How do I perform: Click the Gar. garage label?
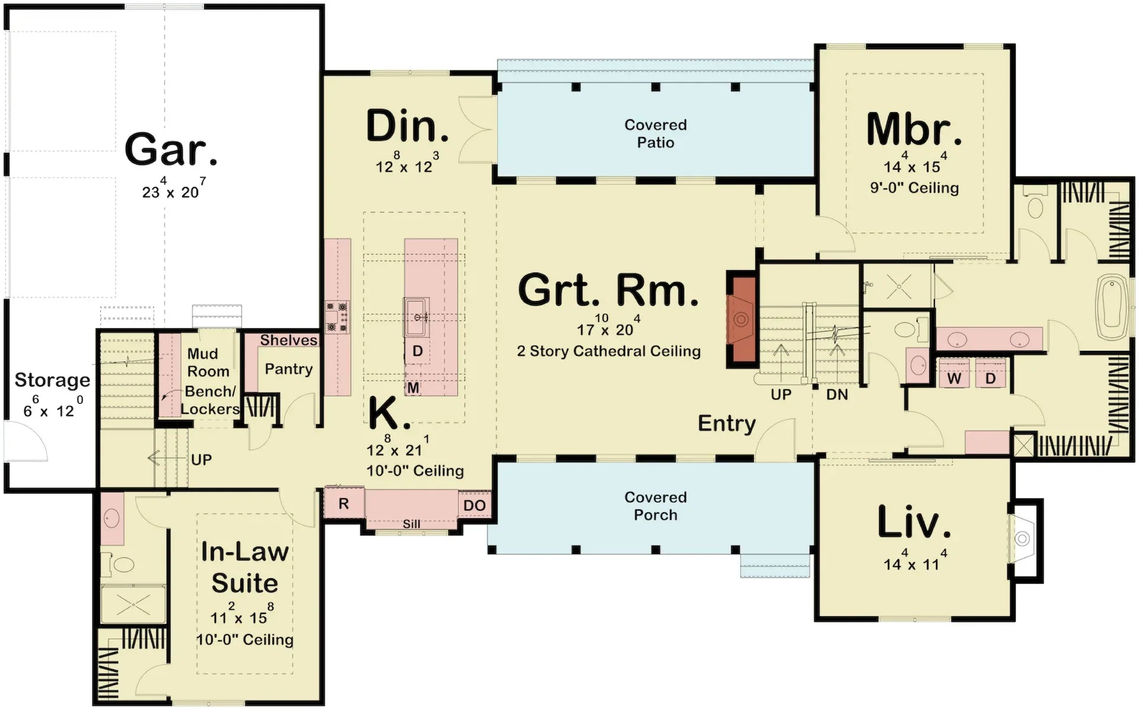[171, 150]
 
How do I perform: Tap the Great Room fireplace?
[741, 319]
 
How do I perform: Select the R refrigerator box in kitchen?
[343, 504]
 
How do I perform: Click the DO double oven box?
[474, 506]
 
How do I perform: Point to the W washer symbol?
[954, 378]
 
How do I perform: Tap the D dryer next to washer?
[990, 378]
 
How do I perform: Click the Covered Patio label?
[655, 134]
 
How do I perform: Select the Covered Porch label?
[655, 506]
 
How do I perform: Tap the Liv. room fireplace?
[1022, 539]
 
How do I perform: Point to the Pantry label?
[288, 369]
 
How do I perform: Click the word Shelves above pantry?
[288, 340]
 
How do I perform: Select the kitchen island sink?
[417, 317]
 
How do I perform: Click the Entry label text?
[726, 423]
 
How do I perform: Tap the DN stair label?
[836, 395]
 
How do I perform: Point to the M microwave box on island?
[413, 388]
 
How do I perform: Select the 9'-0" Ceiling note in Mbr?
[914, 188]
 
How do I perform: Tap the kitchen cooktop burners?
[337, 318]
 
